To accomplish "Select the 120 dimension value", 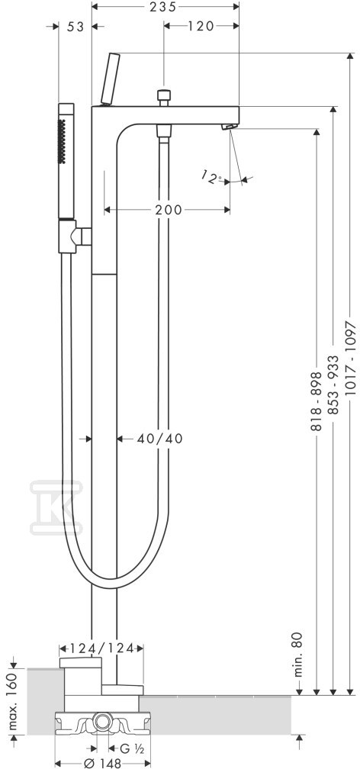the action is click(201, 26).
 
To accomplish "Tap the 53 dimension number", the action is click(76, 27).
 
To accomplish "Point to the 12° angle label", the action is click(212, 178).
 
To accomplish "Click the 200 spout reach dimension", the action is click(169, 210).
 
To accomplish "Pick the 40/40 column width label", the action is click(160, 439).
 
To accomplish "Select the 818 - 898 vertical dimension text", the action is click(317, 401).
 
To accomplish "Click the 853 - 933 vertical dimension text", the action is click(333, 385).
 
